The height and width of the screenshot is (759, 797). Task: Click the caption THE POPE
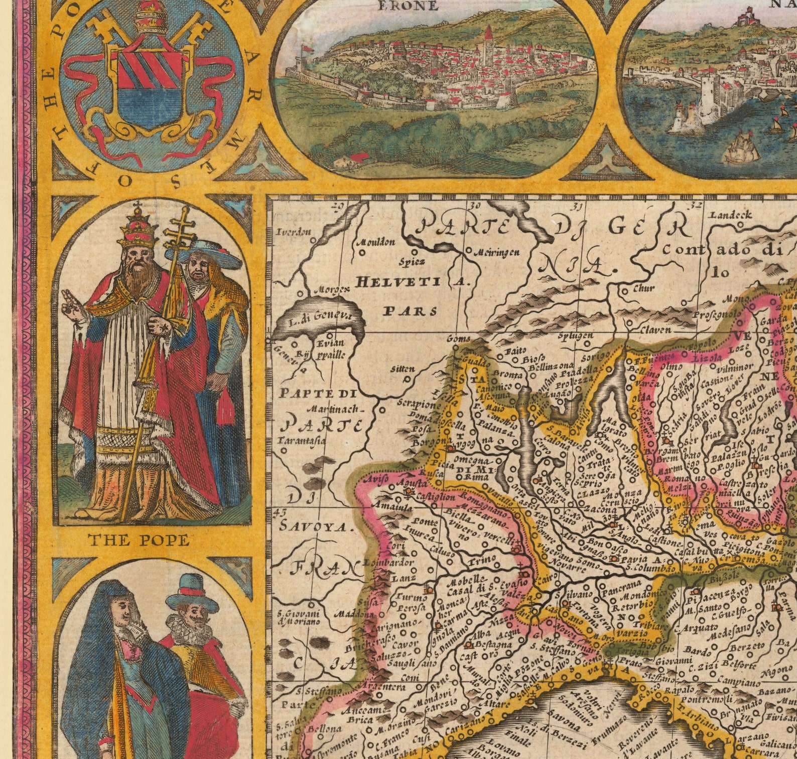[x=139, y=540]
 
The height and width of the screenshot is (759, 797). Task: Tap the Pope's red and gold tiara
[x=137, y=226]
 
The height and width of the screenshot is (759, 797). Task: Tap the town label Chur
[x=644, y=288]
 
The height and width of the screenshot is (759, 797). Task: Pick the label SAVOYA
[x=314, y=526]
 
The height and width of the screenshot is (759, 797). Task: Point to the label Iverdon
[x=294, y=232]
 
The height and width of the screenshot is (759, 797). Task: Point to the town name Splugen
[x=576, y=335]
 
